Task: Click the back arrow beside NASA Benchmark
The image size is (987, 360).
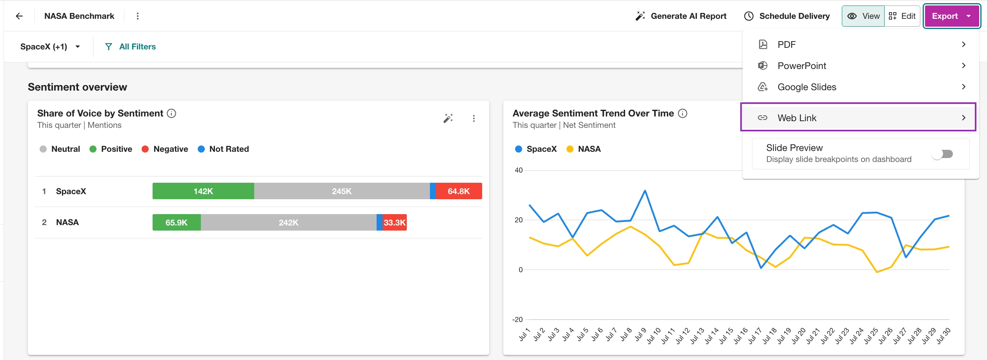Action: click(x=19, y=16)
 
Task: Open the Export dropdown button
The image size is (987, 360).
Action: click(x=952, y=16)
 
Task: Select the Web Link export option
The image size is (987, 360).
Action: click(x=858, y=118)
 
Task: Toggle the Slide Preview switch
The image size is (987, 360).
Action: click(x=942, y=154)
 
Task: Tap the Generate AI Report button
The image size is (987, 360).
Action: click(x=681, y=16)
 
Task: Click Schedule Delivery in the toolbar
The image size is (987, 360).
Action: click(x=787, y=16)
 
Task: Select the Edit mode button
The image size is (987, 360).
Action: click(x=902, y=16)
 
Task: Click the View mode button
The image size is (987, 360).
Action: click(x=863, y=16)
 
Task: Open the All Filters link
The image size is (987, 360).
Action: click(x=130, y=47)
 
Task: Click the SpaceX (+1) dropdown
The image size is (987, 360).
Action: click(x=50, y=47)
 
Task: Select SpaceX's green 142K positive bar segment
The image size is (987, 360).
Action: click(x=203, y=191)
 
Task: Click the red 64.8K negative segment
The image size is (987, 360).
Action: click(x=459, y=191)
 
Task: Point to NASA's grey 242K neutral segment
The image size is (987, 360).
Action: click(x=289, y=222)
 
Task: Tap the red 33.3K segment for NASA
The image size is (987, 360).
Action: click(x=394, y=222)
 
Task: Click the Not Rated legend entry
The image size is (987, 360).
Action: click(x=224, y=149)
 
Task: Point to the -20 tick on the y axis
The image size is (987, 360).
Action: click(x=517, y=320)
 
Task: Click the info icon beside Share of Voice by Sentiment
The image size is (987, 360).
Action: click(x=171, y=113)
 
